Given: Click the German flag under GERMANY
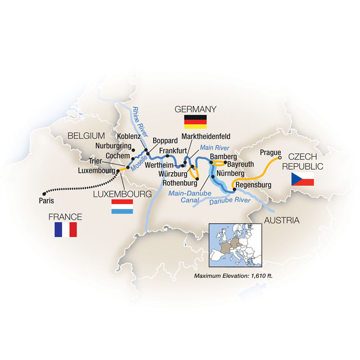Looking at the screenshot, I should pos(195,122).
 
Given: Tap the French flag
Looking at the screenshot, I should pos(65,229).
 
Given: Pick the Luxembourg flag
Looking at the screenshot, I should pos(122,208).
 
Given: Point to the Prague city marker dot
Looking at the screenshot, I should pos(280,158).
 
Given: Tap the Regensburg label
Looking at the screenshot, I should pos(254,185).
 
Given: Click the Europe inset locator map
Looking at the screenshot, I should pos(235,246).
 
